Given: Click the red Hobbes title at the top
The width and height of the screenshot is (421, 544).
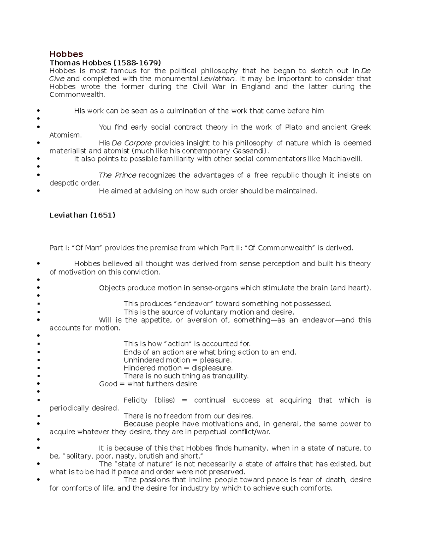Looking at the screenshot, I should click(66, 54).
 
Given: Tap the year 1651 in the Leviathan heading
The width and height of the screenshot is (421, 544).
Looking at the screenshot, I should click(103, 215).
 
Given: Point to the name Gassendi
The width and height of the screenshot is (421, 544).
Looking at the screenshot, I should click(250, 151).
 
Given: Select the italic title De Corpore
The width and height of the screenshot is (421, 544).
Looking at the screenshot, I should click(132, 143).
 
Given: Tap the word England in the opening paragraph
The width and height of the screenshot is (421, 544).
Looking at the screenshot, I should click(255, 87).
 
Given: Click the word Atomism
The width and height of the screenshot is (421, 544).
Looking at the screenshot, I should click(65, 135).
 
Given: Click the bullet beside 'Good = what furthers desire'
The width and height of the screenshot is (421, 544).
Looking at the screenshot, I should click(38, 384).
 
